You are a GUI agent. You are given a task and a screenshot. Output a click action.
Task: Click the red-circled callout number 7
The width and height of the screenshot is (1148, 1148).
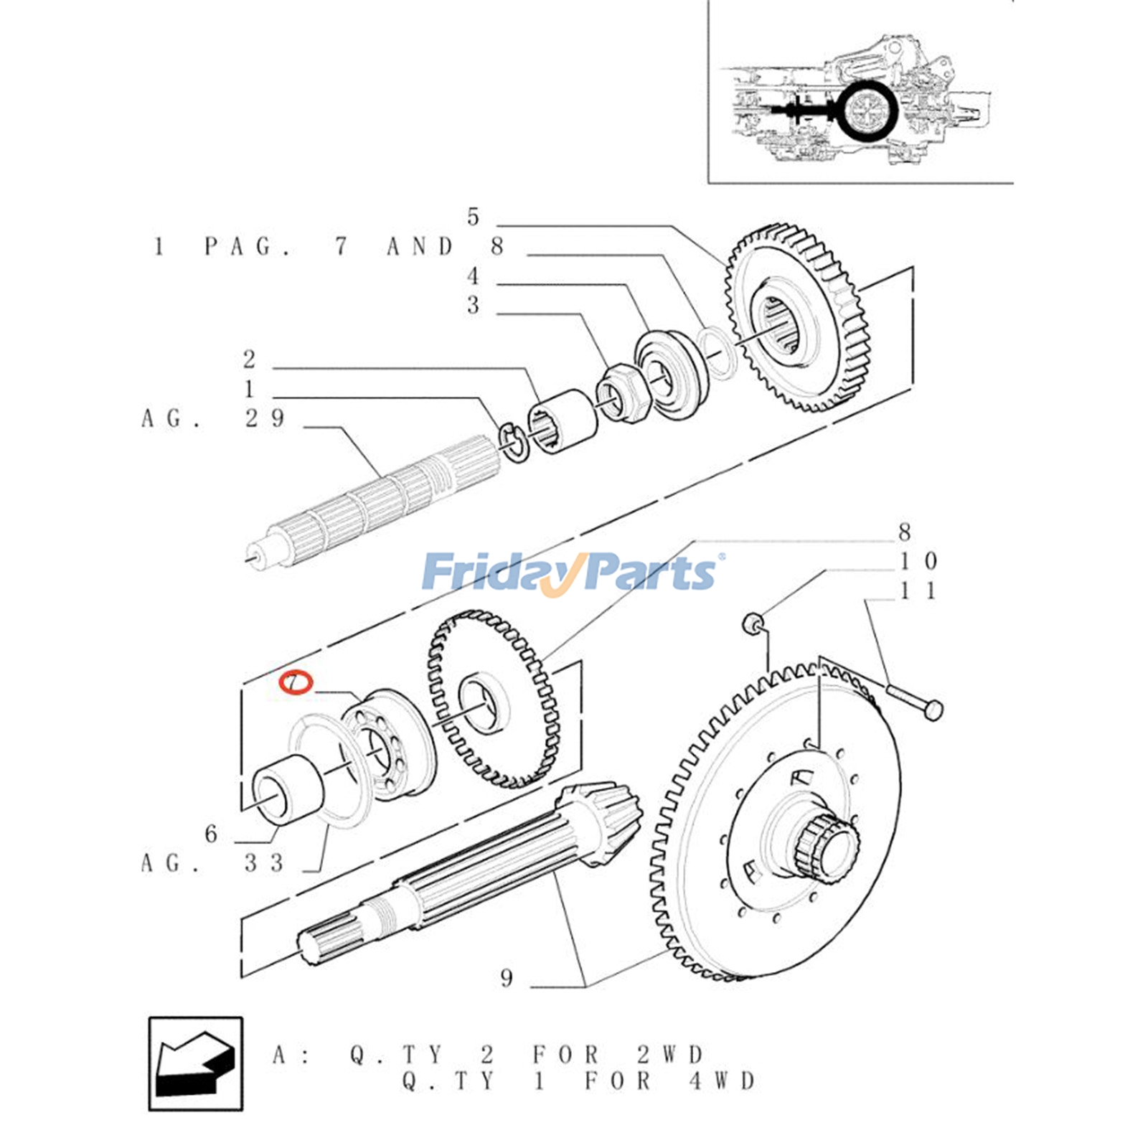coord(296,682)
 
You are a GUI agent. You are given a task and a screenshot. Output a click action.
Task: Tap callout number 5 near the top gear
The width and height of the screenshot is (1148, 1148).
coord(473,217)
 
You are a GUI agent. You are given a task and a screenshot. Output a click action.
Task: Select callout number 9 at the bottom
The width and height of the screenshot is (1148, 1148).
coord(507,978)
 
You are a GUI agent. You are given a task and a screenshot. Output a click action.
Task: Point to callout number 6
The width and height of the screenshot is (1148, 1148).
coord(211,834)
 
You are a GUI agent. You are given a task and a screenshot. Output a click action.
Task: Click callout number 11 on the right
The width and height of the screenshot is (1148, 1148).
coord(918,591)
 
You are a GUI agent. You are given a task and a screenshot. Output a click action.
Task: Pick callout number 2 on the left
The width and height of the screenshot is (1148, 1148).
coord(249,359)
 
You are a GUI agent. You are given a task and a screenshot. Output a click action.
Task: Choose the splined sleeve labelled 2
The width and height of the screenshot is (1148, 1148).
coord(563,422)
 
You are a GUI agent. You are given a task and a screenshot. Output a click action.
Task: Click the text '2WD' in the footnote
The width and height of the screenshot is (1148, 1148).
coord(670,1055)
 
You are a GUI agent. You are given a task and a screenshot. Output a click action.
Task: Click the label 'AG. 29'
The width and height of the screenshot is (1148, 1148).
coord(213,418)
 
